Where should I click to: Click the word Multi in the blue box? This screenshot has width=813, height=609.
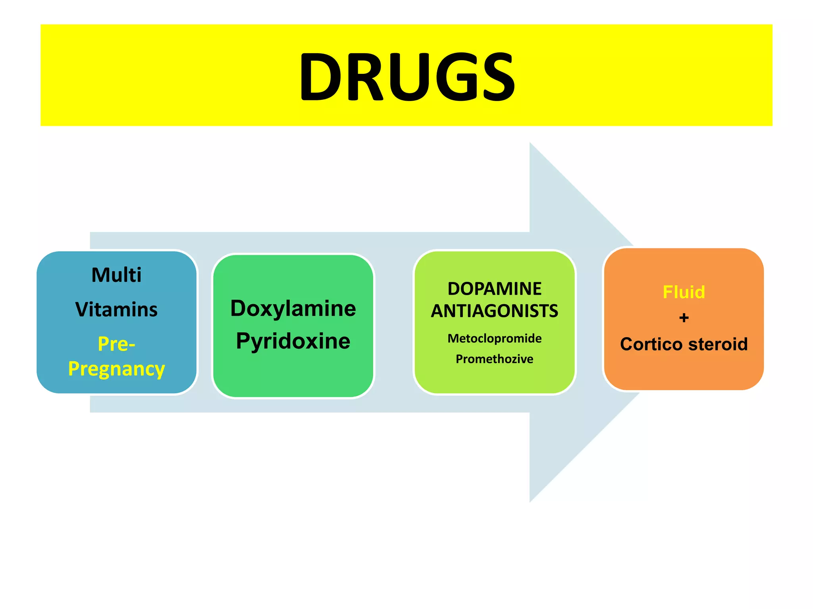116,275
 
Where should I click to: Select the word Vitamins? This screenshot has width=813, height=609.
116,309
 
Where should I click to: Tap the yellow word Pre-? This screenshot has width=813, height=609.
116,343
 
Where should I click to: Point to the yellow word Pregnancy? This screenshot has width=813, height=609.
116,369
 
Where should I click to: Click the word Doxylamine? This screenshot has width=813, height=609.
293,308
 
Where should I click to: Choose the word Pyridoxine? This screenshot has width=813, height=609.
293,341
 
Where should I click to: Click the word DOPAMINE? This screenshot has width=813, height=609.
494,289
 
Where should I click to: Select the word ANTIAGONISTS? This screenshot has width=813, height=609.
494,311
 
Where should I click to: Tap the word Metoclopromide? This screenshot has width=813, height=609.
494,338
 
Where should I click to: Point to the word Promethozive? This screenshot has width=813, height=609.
494,359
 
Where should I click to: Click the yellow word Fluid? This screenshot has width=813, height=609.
684,292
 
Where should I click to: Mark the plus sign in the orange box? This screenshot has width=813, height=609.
684,318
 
